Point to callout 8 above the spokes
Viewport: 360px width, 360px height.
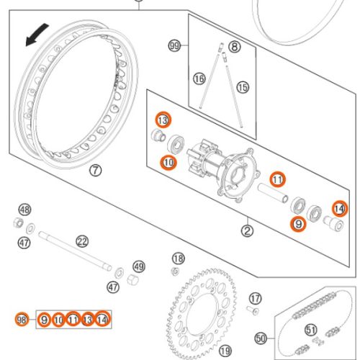tap(235, 47)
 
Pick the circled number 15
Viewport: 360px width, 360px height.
tap(242, 87)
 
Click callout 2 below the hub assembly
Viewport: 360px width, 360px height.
tap(247, 231)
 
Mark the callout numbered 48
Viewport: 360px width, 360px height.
tap(25, 210)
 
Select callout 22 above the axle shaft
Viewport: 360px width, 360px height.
tap(82, 240)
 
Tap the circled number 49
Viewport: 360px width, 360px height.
tap(139, 266)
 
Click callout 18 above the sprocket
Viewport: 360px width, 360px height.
tap(178, 258)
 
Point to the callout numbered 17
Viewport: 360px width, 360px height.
tap(254, 297)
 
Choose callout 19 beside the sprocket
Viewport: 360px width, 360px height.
tap(225, 351)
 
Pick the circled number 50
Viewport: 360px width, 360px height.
tap(261, 337)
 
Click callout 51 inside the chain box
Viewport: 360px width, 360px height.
tap(310, 330)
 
